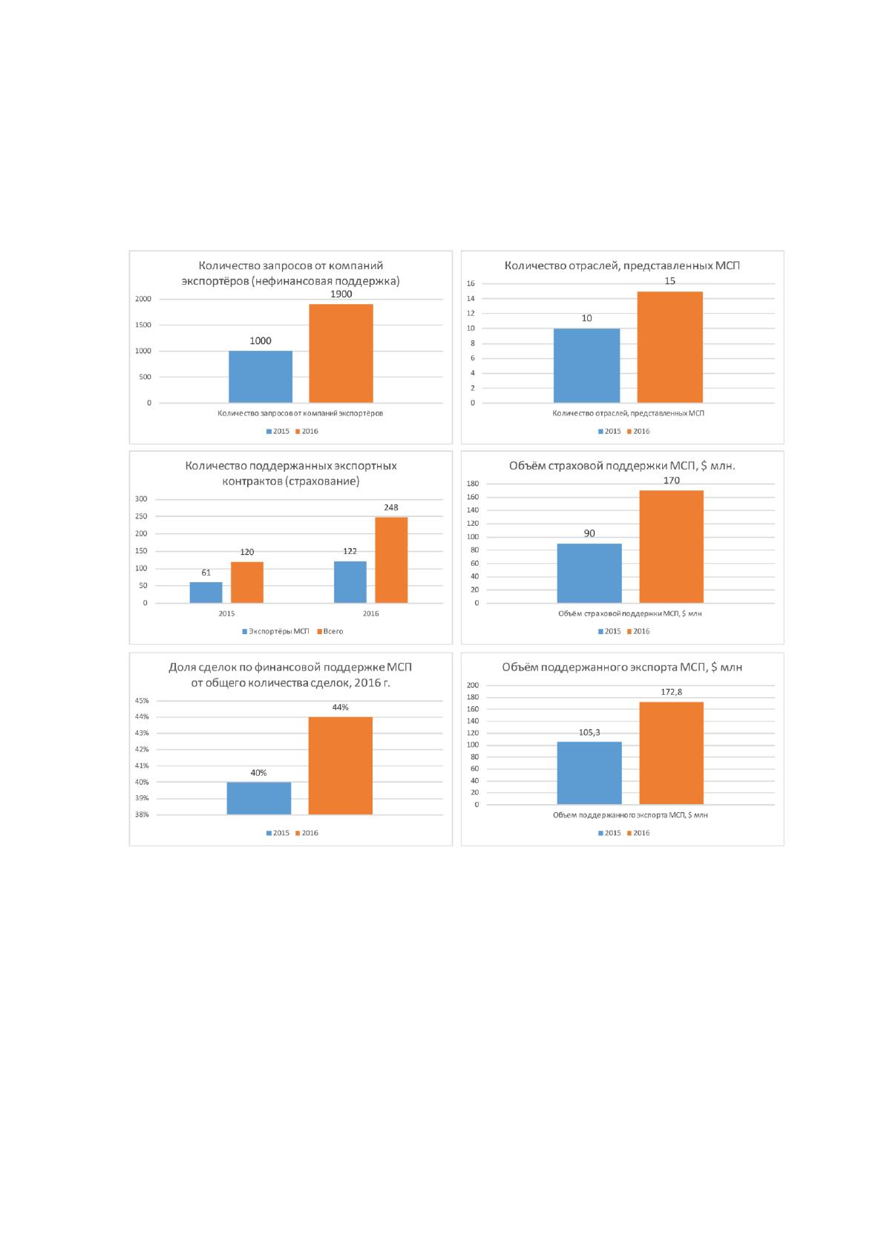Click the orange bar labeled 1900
(x=341, y=353)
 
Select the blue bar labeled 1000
(x=261, y=376)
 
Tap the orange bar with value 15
(x=669, y=347)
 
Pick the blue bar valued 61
(x=206, y=592)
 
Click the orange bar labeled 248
(x=391, y=560)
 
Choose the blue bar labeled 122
(x=350, y=581)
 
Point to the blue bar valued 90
(x=589, y=573)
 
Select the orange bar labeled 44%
(x=341, y=765)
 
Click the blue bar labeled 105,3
(x=589, y=773)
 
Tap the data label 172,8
(x=672, y=692)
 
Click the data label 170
(x=672, y=480)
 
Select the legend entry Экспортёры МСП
(x=275, y=631)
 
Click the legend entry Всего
(x=330, y=631)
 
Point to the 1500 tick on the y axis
(x=143, y=325)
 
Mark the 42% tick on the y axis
(x=142, y=749)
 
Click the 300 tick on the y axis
(x=141, y=499)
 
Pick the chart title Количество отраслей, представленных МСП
(x=622, y=266)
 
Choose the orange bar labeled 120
(x=247, y=582)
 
